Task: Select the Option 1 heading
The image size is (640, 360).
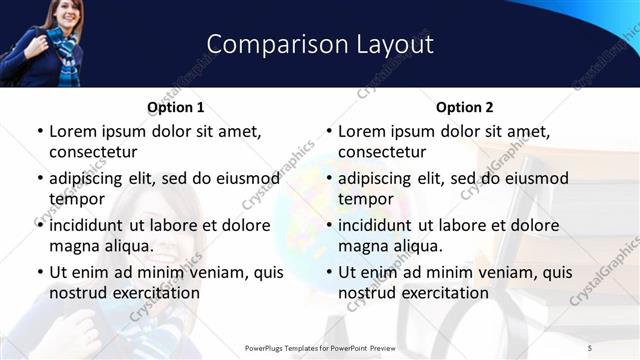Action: point(175,107)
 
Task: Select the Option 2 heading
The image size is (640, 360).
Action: point(464,107)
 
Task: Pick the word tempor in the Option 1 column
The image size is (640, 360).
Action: point(75,199)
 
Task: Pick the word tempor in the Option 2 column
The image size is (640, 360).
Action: point(365,199)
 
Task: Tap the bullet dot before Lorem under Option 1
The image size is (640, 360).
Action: point(40,132)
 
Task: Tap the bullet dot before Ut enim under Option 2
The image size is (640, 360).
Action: point(329,273)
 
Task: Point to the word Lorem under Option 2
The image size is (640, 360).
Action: point(361,131)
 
